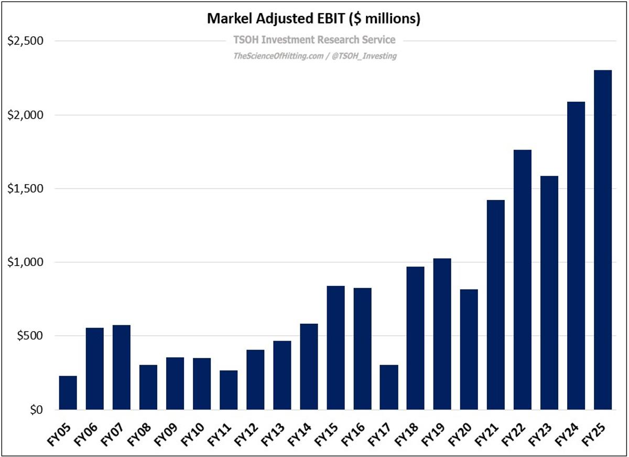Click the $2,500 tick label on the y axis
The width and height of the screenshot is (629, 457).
(25, 41)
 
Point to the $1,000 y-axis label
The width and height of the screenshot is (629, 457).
(25, 262)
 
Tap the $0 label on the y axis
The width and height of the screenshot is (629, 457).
(34, 410)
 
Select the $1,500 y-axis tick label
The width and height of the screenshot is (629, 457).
(25, 188)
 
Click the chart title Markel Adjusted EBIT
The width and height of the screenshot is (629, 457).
(314, 19)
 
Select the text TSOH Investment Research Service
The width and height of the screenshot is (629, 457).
(314, 40)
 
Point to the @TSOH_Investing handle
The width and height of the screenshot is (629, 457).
(363, 56)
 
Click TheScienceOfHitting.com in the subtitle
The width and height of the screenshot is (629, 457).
(278, 56)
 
